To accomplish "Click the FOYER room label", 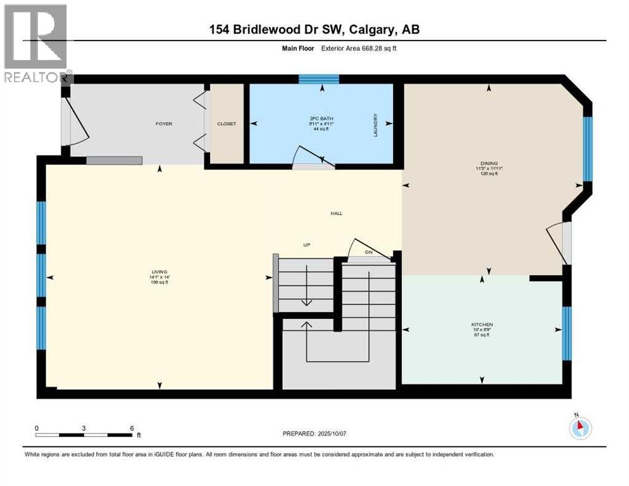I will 164,123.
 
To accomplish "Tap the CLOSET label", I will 226,123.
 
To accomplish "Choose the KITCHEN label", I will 482,325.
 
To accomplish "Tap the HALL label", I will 336,213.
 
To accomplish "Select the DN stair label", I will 368,252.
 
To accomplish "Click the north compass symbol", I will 579,428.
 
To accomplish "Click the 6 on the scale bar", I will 131,427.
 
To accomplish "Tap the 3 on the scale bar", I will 84,427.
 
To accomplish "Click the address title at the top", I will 314,29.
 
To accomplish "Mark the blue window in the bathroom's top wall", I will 318,79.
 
